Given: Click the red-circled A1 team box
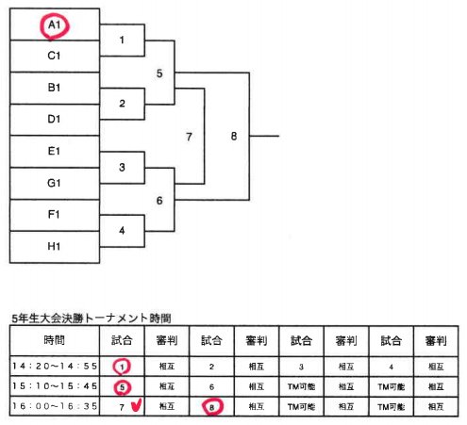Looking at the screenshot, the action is point(55,25).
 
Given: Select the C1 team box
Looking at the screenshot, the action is point(55,57).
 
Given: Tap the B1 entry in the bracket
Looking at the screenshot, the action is point(55,88).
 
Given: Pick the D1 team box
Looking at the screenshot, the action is point(55,120).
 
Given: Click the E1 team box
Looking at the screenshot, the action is point(55,152).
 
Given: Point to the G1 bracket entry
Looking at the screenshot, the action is point(55,183).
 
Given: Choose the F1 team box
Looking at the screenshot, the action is point(55,215).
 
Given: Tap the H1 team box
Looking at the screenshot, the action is point(55,247).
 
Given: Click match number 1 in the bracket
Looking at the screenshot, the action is point(122,40).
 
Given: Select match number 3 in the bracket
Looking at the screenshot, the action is point(122,167).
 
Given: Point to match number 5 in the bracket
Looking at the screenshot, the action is point(159,74).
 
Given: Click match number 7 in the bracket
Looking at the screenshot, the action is point(189,137).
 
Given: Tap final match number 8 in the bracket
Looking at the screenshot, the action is point(234,136).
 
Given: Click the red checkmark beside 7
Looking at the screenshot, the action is point(137,405).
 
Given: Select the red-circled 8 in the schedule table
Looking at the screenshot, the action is point(212,407).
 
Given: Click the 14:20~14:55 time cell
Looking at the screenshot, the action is point(55,367).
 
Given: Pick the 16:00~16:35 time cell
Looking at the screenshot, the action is point(55,406).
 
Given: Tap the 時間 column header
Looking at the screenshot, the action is point(55,340).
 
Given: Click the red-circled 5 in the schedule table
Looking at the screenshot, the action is point(122,387).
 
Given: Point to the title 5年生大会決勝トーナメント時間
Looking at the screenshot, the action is point(92,319).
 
